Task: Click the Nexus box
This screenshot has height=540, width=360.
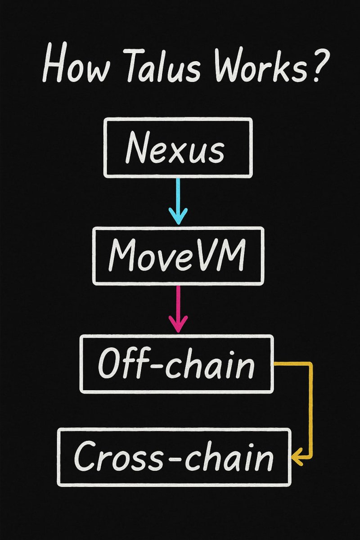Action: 178,147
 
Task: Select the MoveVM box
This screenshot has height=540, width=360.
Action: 178,256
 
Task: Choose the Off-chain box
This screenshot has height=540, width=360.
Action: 176,363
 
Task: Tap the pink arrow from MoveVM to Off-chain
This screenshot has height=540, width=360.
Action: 179,308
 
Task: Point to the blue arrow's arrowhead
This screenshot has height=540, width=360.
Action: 179,218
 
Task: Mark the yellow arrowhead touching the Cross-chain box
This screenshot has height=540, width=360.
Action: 297,458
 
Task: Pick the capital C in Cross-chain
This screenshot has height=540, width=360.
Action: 85,457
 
